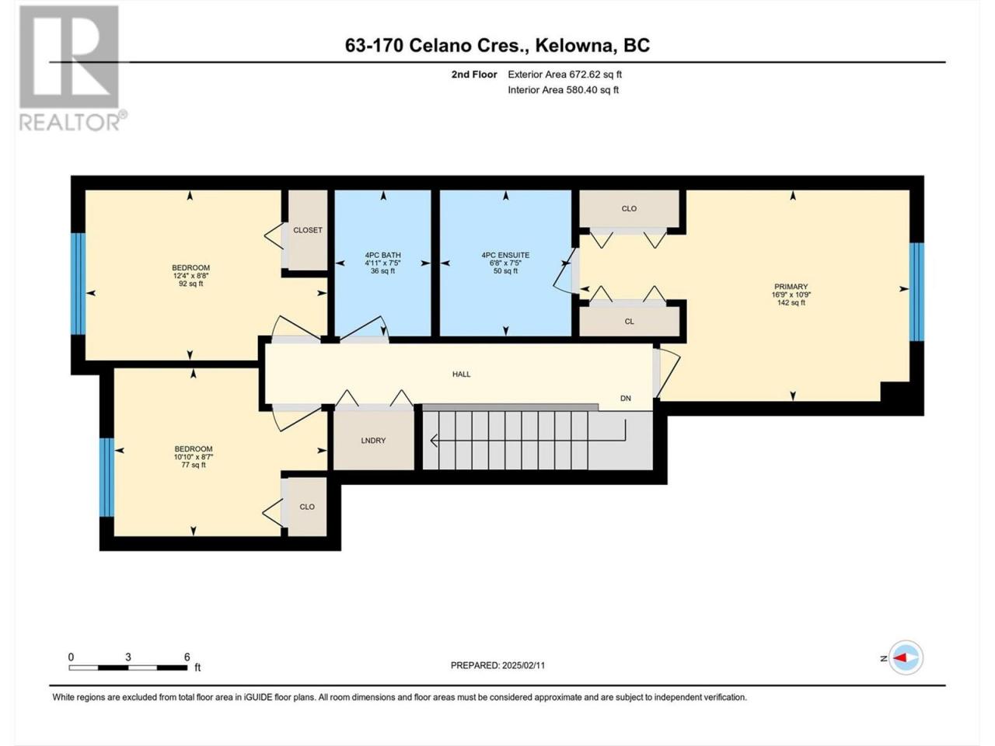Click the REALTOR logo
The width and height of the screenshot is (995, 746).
coord(72,68)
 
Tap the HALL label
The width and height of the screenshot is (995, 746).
coord(462,374)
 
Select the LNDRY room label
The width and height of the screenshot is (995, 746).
coord(373,441)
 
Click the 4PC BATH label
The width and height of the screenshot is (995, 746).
coord(383,255)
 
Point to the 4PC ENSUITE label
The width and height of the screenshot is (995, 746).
coord(505,255)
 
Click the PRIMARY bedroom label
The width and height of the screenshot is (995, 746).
coord(791,286)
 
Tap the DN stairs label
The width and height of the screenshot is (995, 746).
coord(626,398)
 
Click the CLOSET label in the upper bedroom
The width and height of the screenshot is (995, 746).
coord(308,230)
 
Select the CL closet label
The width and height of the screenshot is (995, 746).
coord(629,321)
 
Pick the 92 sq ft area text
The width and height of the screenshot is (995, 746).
coord(191,284)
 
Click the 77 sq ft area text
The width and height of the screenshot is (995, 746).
coord(194,465)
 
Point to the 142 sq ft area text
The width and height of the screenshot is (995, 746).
coord(791,302)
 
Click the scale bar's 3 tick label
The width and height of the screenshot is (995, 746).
coord(128,657)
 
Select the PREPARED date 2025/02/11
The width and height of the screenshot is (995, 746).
coord(523,665)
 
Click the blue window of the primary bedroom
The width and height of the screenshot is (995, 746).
coord(916,291)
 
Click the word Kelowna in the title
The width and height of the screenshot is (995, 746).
coord(574,46)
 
